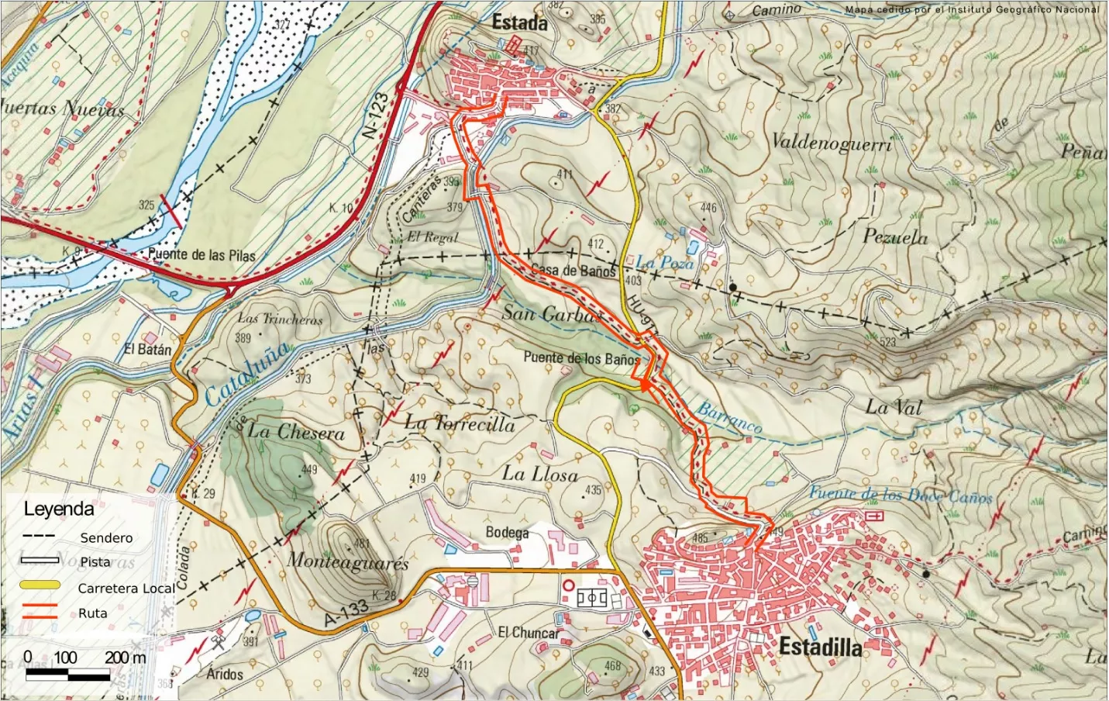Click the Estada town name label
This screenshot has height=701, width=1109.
[x=519, y=23]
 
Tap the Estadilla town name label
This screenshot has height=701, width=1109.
[x=820, y=646]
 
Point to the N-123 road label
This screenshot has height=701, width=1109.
[x=377, y=116]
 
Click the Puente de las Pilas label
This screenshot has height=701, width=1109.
[x=201, y=254]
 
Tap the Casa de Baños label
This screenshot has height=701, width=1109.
[x=573, y=271]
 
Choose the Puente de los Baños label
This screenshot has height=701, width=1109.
[x=582, y=358]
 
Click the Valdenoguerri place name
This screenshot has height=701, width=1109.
[x=832, y=142]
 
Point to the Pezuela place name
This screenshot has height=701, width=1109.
[x=895, y=237]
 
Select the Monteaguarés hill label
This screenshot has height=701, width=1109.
[x=348, y=561]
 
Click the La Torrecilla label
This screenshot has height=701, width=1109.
[x=460, y=423]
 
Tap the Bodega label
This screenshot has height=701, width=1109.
[x=507, y=532]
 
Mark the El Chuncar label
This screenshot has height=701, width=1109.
[x=528, y=633]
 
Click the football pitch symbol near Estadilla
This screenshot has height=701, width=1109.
[x=592, y=598]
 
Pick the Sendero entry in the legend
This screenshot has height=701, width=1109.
[x=106, y=537]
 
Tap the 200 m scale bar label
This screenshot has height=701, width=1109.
[x=126, y=658]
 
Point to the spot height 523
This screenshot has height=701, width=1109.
[x=887, y=341]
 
